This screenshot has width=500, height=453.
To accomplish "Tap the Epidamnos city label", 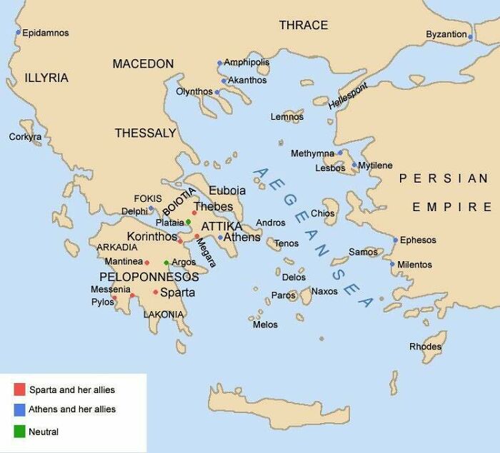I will (46, 33).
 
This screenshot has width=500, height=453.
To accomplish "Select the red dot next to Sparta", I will (156, 292).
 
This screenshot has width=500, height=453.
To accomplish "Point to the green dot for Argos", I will (166, 263).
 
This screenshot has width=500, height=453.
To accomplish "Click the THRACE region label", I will (303, 26).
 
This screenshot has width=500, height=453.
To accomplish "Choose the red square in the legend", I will (19, 390).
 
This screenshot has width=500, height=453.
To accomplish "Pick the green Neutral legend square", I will (19, 431).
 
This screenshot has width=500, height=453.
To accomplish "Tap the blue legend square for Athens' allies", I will (19, 410).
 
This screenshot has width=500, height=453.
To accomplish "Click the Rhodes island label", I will (425, 347).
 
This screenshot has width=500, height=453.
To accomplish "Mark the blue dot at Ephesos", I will (395, 240).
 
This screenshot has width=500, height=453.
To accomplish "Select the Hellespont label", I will (349, 96).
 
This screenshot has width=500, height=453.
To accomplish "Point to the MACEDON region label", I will (143, 64).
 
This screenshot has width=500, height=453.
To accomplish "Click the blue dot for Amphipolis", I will (220, 63).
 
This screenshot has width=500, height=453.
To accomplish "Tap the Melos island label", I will (265, 325).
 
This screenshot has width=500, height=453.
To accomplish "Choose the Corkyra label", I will (25, 136).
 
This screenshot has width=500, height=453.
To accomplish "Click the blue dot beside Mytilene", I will (354, 165).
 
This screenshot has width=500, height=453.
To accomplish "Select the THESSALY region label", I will (145, 133).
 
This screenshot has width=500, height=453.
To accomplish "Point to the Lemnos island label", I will (286, 116).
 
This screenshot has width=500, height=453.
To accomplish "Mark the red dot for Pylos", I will (132, 295).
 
